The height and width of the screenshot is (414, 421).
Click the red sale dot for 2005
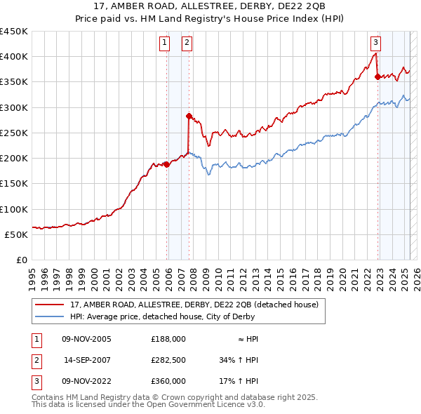click(x=167, y=164)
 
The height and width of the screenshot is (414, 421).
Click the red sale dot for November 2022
click(x=377, y=77)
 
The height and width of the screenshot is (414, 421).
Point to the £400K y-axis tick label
click(x=13, y=57)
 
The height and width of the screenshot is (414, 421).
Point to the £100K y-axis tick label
click(x=13, y=209)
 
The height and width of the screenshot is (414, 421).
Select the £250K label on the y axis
click(x=13, y=133)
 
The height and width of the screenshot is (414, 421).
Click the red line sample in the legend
click(x=50, y=305)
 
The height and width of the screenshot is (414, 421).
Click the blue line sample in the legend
click(x=50, y=316)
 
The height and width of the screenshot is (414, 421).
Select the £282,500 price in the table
click(x=168, y=360)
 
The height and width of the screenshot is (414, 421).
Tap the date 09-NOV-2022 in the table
click(x=88, y=381)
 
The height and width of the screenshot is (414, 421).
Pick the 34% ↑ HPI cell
click(x=239, y=360)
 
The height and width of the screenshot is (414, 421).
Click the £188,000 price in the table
click(x=168, y=339)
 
